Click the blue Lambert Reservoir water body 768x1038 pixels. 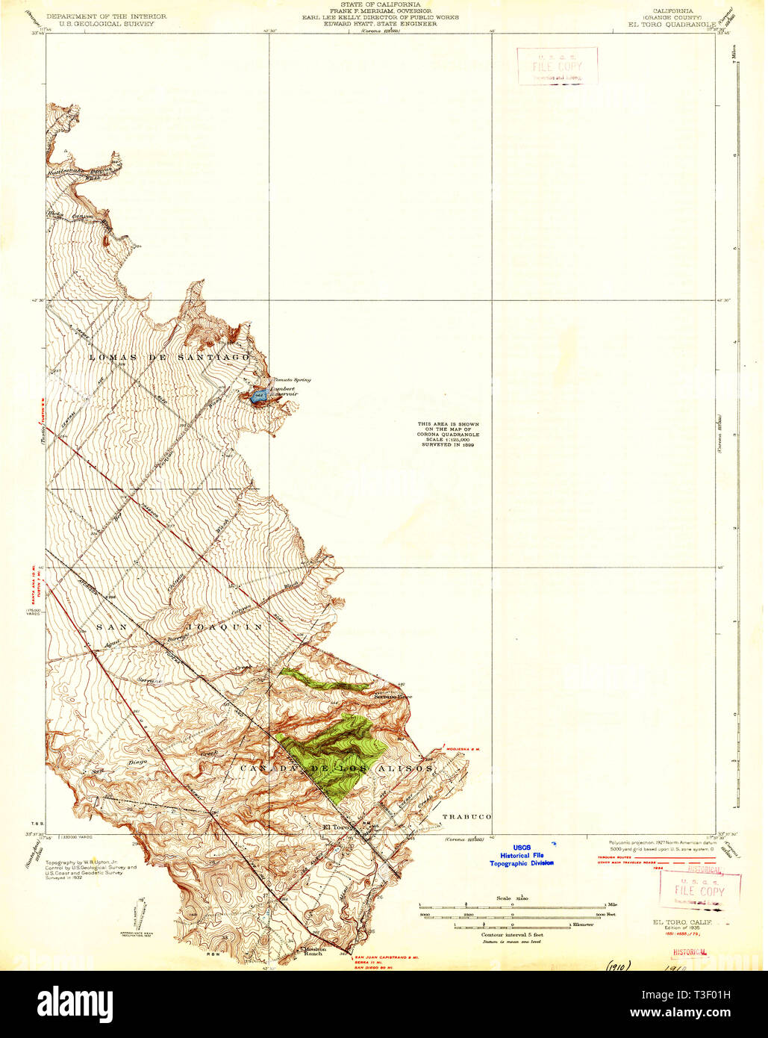258,396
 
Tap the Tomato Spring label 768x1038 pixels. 292,380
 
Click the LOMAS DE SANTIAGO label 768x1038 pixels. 169,358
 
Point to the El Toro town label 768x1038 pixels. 336,827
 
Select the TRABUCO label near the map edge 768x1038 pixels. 466,817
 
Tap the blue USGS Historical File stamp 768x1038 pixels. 522,855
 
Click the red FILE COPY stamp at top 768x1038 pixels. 557,66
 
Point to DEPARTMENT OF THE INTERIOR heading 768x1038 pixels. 107,16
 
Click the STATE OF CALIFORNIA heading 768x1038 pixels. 380,4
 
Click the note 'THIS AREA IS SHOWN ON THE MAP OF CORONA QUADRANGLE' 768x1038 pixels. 448,434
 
